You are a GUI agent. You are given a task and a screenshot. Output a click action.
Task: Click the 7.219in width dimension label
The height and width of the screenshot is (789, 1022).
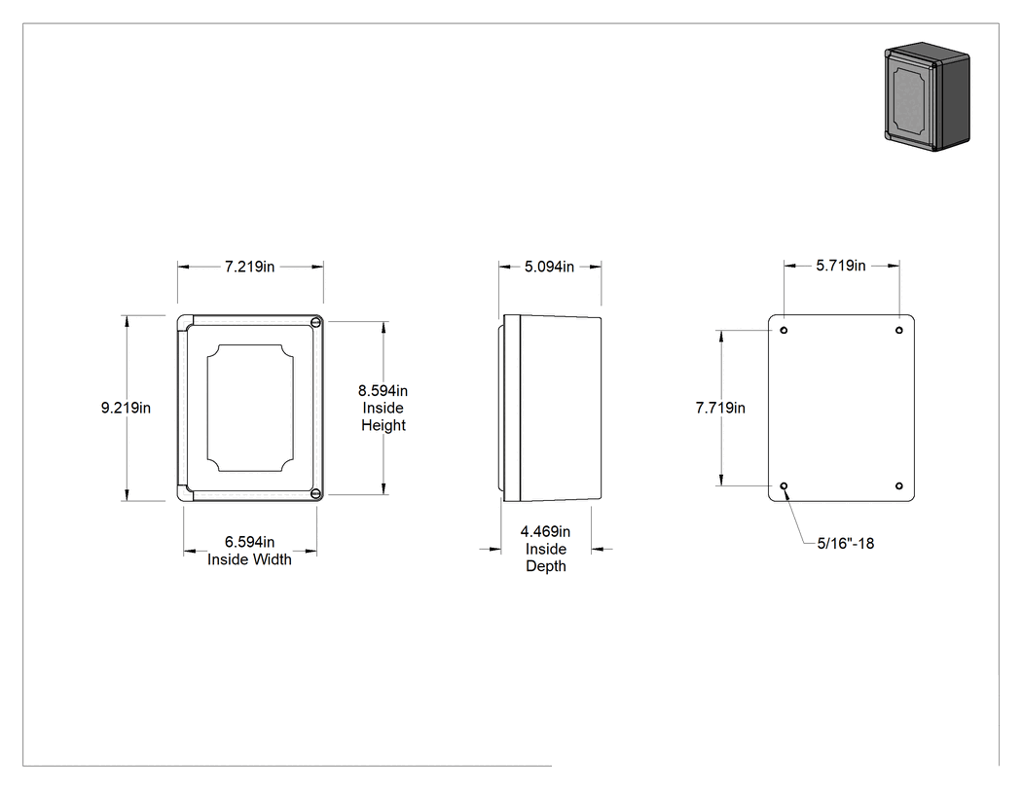click(249, 267)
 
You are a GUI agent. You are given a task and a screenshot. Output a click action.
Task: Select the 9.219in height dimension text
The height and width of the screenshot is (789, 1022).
click(126, 408)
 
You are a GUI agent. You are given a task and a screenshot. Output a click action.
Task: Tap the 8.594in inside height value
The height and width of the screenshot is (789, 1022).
click(383, 391)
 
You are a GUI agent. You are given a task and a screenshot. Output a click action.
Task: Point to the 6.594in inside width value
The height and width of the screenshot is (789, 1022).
click(249, 542)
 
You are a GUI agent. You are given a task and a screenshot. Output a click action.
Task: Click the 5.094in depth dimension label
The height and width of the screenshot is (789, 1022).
click(550, 267)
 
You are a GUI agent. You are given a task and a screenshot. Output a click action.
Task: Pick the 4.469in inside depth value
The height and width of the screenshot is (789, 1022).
click(545, 531)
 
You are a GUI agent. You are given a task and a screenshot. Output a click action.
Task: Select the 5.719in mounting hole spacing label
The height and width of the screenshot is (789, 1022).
click(841, 266)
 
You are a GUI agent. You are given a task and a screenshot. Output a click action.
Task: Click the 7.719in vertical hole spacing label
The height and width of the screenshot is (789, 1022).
click(720, 408)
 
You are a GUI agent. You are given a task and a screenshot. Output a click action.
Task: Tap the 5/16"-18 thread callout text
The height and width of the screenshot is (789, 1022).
click(846, 544)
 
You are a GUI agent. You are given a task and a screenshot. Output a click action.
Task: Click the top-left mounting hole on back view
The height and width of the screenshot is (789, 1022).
click(785, 331)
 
